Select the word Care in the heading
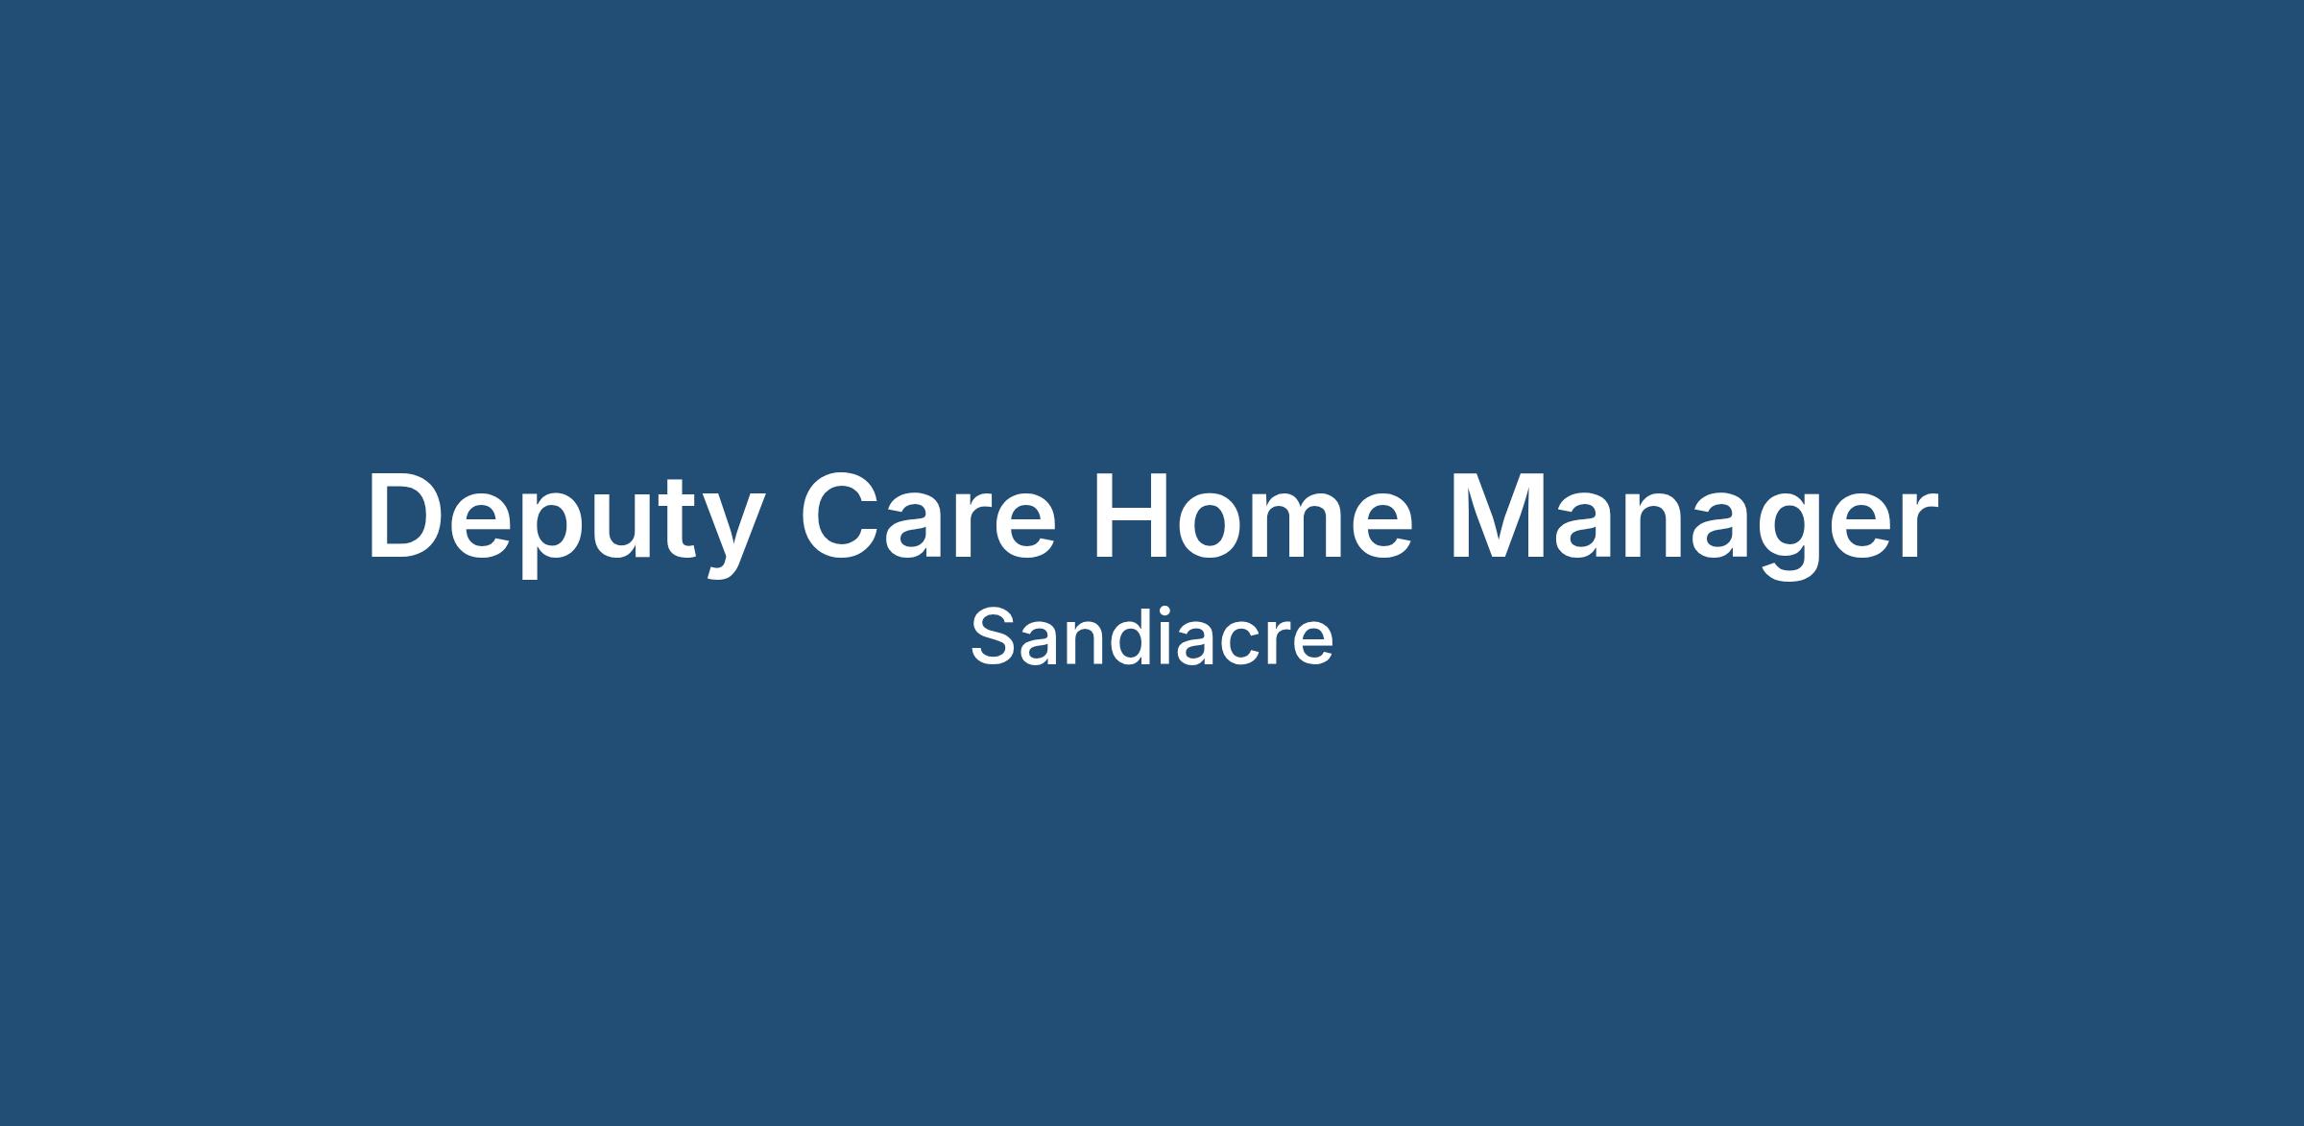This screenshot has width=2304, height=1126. point(928,515)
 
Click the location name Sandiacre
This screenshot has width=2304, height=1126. point(1152,636)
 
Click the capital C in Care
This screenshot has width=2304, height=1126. point(842,515)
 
